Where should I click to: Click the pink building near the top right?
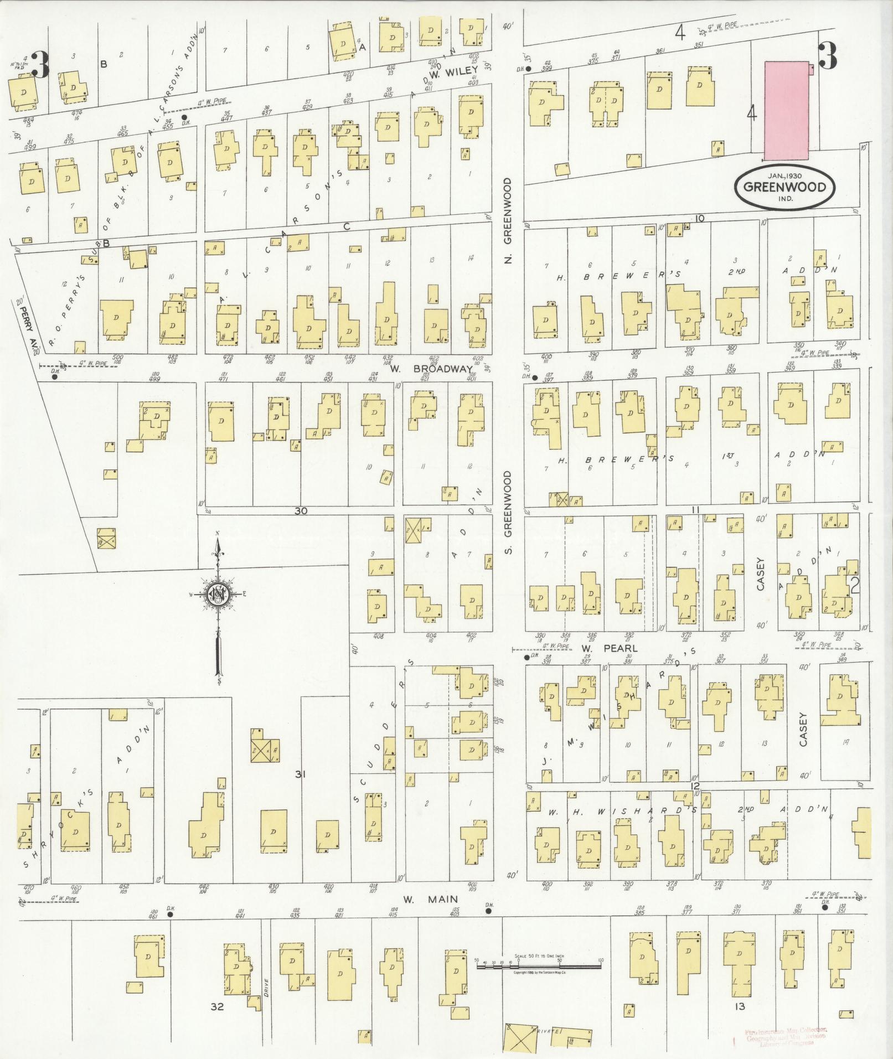(786, 110)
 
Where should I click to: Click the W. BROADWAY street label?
(431, 369)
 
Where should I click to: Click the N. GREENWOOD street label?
(509, 220)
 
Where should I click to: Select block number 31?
(300, 774)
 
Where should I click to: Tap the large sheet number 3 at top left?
(40, 65)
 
